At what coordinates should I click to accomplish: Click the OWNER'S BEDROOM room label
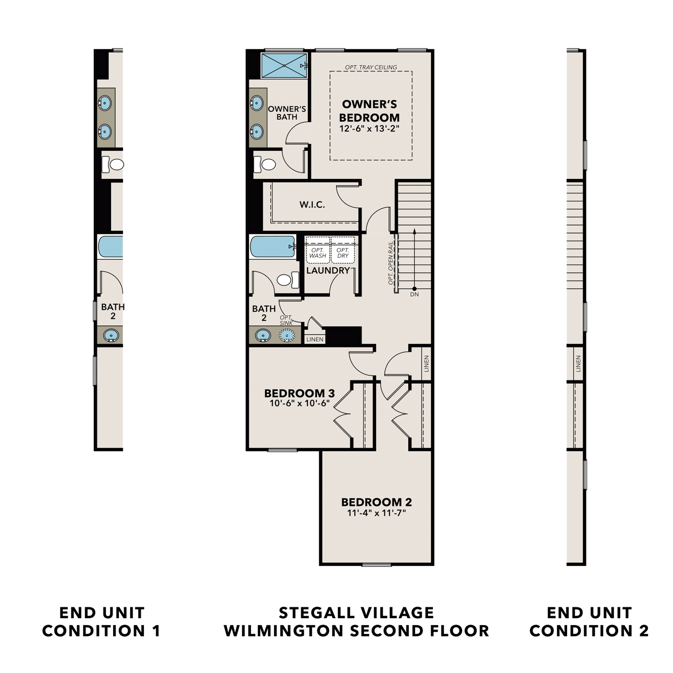369,111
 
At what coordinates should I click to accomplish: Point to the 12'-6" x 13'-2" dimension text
369,129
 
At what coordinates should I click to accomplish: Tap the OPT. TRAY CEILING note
371,67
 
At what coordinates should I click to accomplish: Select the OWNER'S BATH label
287,113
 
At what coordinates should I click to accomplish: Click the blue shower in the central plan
284,66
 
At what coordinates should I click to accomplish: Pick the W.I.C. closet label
312,205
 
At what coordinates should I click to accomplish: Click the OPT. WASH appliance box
318,253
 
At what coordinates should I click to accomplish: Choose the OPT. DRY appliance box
343,253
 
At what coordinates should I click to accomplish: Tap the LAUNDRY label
328,270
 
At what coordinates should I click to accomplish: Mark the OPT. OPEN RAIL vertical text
391,263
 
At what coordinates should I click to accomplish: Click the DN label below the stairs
414,294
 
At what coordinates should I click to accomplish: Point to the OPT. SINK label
286,320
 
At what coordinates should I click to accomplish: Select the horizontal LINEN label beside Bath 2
315,339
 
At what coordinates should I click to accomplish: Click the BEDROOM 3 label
299,393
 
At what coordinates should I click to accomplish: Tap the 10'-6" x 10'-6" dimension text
299,403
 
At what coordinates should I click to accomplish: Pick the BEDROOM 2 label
376,502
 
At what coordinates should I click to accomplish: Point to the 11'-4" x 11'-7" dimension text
376,513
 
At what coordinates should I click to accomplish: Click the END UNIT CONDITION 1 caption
101,621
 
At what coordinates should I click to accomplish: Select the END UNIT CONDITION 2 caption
589,621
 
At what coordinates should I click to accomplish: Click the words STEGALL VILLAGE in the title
356,613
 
